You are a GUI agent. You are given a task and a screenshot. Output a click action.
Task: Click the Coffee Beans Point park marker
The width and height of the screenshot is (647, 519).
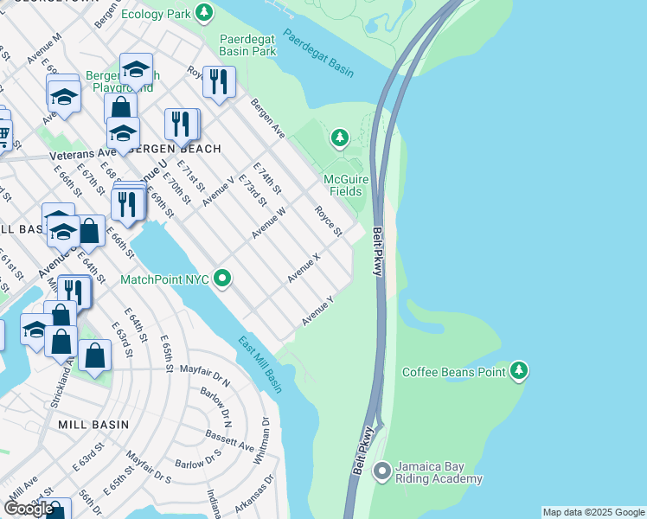coord(519,370)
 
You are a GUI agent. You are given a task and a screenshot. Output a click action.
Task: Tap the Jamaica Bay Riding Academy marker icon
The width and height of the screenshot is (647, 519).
coord(381,471)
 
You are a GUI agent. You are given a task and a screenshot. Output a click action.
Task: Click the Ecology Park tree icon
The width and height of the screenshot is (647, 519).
coord(204,12)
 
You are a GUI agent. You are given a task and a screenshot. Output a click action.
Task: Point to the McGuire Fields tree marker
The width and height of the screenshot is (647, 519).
coord(340,137)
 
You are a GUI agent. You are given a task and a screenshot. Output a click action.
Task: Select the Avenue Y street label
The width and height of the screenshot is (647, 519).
coord(317,311)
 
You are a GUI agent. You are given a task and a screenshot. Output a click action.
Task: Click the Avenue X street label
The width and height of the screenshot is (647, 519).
coord(304,267)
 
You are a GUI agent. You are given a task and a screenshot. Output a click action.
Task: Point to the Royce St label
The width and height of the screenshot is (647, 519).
coord(329,221)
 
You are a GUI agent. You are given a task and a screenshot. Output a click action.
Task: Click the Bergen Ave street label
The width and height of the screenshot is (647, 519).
coord(267,118)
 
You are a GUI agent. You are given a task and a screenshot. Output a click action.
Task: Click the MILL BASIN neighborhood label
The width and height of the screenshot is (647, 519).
coord(93,425)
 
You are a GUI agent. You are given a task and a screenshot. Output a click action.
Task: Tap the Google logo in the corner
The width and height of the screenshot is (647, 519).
coord(29,509)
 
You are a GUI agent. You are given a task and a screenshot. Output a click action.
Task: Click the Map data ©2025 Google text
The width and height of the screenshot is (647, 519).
coord(593,512)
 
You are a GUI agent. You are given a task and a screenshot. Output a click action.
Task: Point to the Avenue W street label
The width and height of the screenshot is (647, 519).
coord(269,223)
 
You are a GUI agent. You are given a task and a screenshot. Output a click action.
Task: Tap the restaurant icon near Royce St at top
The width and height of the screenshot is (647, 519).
coord(219,82)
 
